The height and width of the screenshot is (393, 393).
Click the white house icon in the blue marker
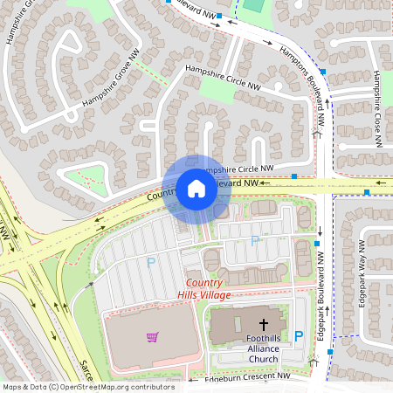[x=196, y=188]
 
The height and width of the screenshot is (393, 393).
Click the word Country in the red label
[x=204, y=284]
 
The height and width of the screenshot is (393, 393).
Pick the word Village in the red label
[x=215, y=295]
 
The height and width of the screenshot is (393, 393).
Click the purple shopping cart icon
[x=152, y=336]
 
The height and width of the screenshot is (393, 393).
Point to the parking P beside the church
[x=299, y=335]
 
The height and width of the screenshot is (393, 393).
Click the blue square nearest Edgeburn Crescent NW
[x=330, y=351]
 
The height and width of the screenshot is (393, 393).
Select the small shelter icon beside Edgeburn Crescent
[x=314, y=361]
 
